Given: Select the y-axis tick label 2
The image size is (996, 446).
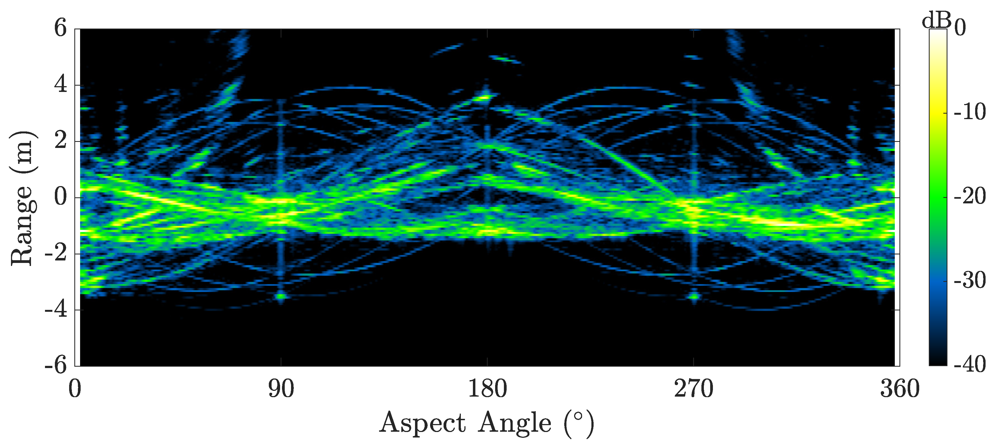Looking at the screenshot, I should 60,141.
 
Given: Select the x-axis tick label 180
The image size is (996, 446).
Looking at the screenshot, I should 487,389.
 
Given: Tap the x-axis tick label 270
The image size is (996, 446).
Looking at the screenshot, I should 694,389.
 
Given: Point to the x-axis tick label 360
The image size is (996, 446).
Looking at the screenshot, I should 900,389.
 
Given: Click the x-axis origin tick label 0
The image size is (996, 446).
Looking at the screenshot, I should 75,389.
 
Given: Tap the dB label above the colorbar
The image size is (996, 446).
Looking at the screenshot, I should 936,20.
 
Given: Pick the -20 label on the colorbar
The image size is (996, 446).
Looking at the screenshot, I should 970,197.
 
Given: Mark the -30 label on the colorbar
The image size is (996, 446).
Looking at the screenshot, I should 970,280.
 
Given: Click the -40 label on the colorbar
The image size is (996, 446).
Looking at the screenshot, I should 970,364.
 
